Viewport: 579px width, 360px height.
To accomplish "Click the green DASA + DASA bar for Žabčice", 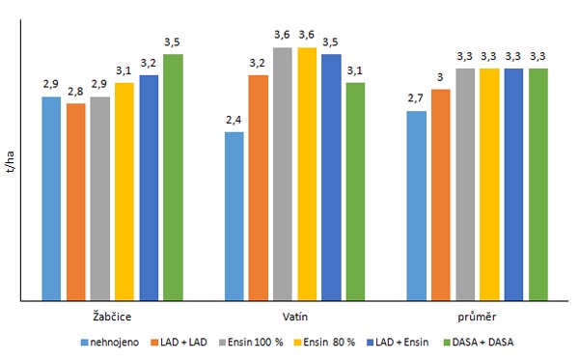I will point(173,178).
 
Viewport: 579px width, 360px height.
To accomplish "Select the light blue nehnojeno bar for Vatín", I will point(234,216).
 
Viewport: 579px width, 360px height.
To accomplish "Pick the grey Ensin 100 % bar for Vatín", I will point(282,174).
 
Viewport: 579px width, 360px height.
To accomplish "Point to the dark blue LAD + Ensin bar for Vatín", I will point(331,178).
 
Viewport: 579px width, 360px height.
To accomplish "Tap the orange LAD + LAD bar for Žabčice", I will point(76,202).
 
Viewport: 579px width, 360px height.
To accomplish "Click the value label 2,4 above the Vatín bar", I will point(234,120).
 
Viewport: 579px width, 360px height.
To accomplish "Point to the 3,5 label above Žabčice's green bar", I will point(173,42).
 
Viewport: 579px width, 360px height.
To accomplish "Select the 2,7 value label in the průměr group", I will point(416,98).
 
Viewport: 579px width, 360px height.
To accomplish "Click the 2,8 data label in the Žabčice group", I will point(76,91).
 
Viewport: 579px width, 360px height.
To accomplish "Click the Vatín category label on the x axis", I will point(294,316).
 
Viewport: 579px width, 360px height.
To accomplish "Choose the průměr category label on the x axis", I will point(477,316).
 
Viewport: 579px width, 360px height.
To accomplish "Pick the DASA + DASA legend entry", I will point(480,342).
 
